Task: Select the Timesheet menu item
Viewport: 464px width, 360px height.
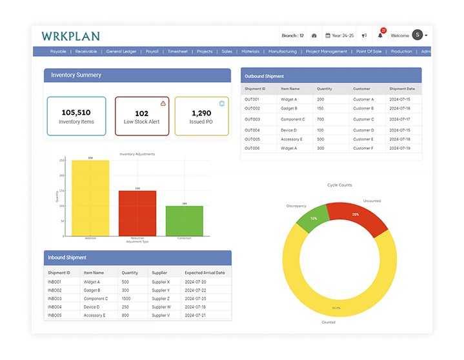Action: (x=177, y=52)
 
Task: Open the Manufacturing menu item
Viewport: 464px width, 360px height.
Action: (x=283, y=52)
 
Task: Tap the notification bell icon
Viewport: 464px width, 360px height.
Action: (x=380, y=35)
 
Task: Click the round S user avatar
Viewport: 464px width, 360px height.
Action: (x=418, y=35)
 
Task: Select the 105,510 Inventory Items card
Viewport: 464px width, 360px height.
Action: (x=76, y=116)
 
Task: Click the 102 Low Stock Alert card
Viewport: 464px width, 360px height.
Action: (x=142, y=116)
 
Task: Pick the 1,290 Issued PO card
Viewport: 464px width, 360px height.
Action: (x=201, y=116)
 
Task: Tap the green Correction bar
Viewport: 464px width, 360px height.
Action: (x=185, y=221)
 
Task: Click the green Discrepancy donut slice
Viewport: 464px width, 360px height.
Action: (x=312, y=219)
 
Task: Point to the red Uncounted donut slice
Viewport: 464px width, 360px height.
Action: (x=357, y=216)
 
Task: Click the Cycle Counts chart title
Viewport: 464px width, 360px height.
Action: (x=339, y=185)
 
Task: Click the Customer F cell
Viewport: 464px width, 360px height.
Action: (x=363, y=148)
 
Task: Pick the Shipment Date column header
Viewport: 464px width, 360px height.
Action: (x=402, y=88)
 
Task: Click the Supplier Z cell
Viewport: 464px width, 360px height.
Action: (x=161, y=299)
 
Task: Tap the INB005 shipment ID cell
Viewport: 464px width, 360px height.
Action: (x=54, y=315)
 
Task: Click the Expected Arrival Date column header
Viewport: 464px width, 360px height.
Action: (x=204, y=273)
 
